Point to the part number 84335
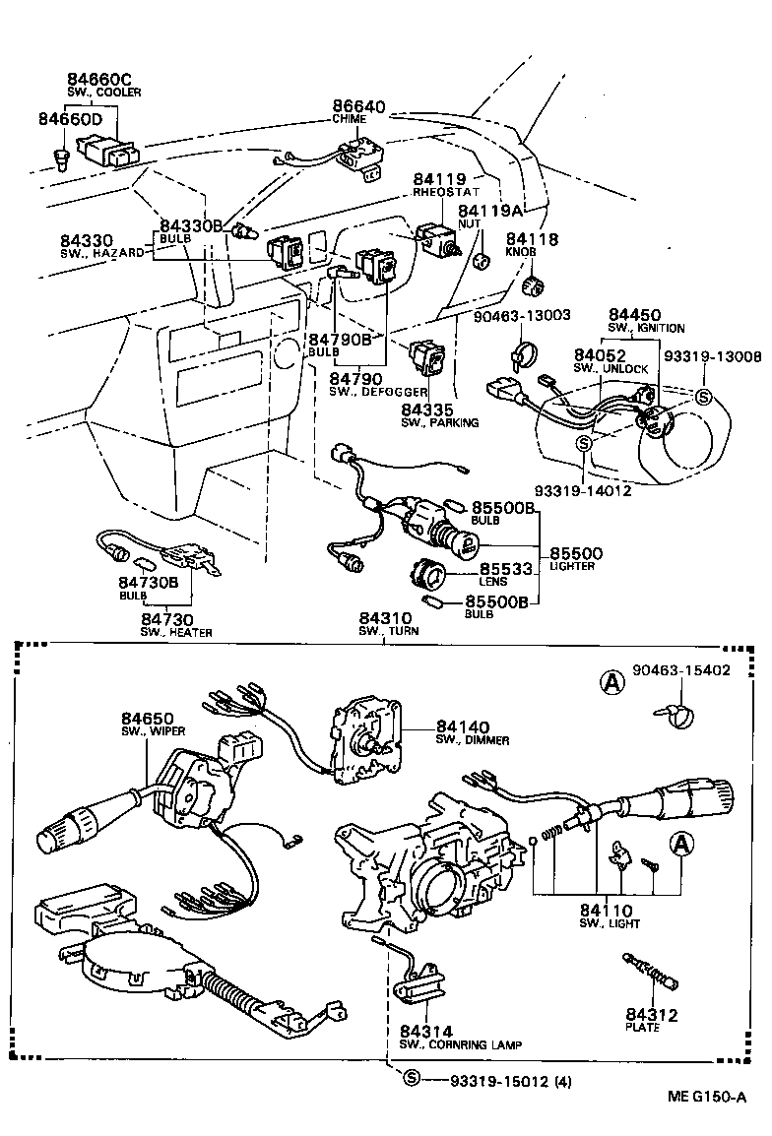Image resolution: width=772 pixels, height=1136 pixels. click(428, 409)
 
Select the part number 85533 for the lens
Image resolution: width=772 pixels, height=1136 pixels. click(505, 569)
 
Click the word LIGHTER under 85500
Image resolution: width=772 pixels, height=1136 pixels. click(571, 567)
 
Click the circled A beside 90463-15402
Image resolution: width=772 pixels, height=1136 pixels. click(612, 680)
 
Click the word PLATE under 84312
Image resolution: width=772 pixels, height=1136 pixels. click(642, 1027)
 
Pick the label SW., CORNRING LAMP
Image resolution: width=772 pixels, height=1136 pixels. click(460, 1043)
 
